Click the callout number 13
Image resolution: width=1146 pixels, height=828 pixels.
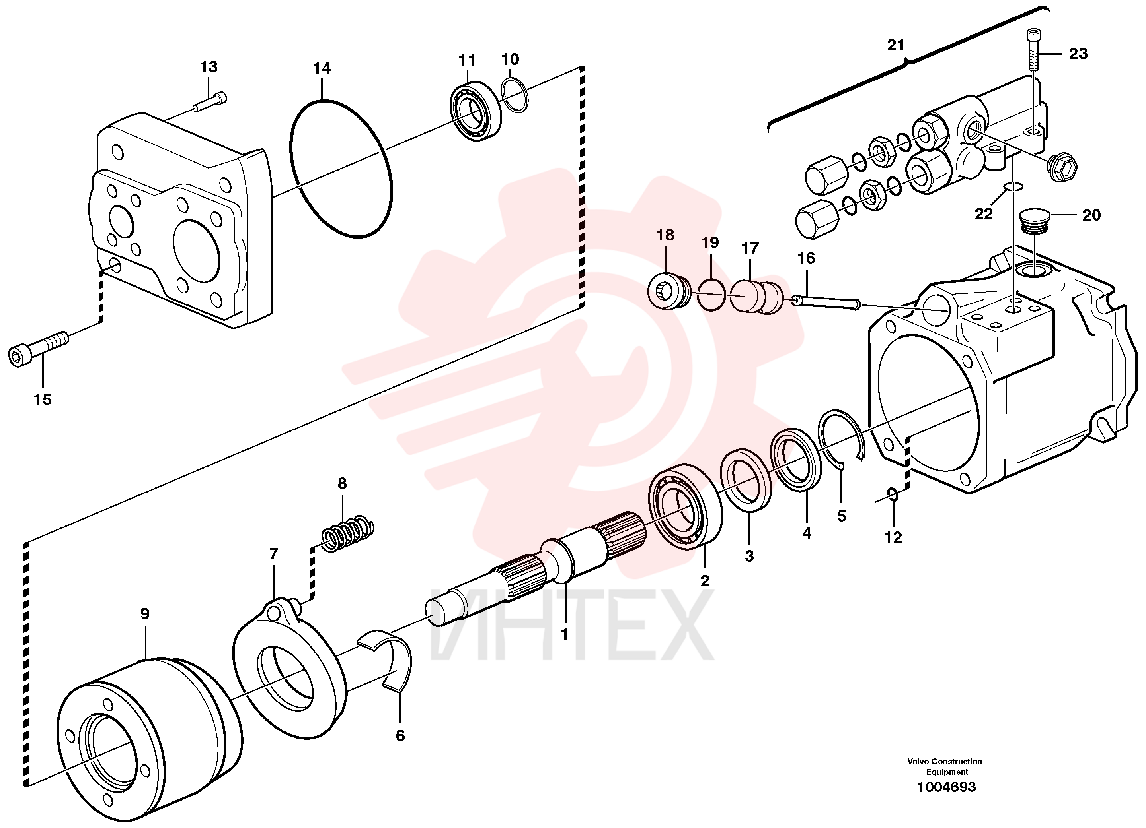click(x=209, y=67)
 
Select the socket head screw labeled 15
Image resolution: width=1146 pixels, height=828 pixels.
click(x=38, y=348)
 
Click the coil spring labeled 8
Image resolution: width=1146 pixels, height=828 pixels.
click(x=348, y=533)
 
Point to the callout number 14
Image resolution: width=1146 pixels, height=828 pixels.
click(x=322, y=68)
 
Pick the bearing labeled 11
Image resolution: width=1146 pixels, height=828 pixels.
click(x=476, y=111)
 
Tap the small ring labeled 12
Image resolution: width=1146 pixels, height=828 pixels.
click(x=893, y=495)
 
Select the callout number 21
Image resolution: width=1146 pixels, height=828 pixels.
click(x=896, y=45)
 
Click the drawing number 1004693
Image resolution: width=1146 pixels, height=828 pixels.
click(x=946, y=787)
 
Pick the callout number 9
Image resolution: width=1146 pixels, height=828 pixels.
click(x=145, y=614)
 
